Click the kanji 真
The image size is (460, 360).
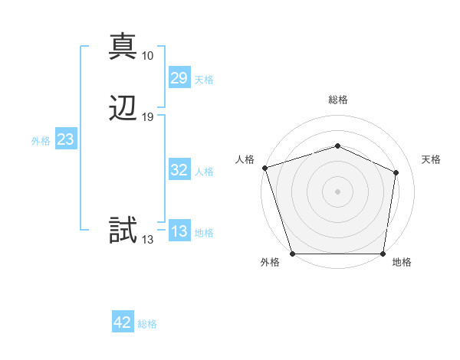123,46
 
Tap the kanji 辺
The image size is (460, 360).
123,108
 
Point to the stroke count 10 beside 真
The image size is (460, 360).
148,56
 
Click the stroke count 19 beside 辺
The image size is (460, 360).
148,117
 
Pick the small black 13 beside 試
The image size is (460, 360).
148,240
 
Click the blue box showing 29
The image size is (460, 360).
179,78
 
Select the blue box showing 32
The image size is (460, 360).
179,171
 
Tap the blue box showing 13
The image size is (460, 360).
179,232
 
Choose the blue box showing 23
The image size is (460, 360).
65,139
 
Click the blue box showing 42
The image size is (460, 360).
123,322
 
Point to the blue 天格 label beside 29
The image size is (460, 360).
204,80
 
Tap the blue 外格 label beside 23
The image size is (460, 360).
41,141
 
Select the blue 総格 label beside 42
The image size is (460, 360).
147,324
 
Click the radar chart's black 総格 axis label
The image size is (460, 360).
338,100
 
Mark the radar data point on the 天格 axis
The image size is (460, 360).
396,172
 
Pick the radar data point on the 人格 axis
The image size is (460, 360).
264,167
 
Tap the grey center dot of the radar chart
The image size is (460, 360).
338,191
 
